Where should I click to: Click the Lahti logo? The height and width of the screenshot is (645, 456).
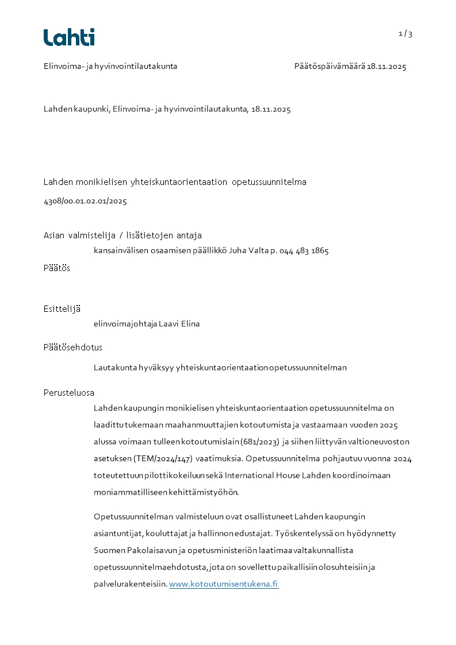[x=69, y=37]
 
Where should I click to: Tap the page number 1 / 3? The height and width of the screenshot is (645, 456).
[x=405, y=34]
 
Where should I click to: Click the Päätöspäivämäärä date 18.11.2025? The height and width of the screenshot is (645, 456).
[x=387, y=67]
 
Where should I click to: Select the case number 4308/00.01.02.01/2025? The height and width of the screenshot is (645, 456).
[x=85, y=202]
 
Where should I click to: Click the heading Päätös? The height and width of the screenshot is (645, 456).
[x=57, y=268]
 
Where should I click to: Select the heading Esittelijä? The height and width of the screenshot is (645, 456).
[x=62, y=309]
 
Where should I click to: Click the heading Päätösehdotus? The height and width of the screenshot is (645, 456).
[x=73, y=347]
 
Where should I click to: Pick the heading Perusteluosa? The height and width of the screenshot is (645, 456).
[x=69, y=393]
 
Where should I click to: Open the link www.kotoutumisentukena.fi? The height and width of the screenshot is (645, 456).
[x=224, y=584]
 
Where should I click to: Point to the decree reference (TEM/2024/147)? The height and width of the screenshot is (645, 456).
[x=164, y=458]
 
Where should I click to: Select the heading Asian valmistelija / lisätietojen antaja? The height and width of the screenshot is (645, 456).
[x=122, y=235]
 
